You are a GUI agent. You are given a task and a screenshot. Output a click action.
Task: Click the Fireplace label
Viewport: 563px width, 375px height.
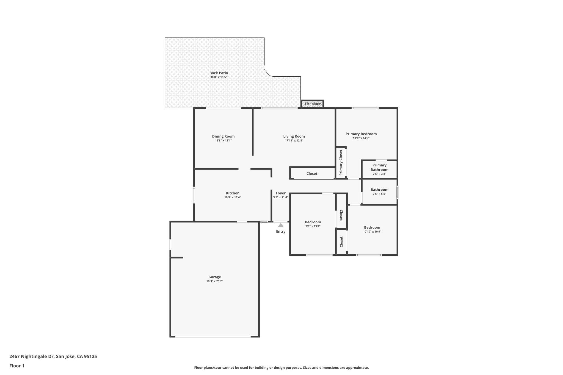(313, 104)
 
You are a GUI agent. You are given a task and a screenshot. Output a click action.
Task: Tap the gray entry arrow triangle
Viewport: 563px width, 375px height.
(281, 225)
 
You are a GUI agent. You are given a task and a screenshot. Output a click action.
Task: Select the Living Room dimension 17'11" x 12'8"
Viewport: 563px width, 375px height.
(294, 141)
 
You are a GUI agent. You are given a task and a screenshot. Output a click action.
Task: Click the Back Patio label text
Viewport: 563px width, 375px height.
(219, 73)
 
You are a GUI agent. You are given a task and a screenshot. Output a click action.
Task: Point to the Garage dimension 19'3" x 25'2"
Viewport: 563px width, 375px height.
(214, 281)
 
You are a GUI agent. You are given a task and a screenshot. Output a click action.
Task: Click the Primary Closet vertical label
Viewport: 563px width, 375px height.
(341, 162)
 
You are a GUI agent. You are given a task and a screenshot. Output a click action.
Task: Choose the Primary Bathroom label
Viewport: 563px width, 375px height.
(379, 167)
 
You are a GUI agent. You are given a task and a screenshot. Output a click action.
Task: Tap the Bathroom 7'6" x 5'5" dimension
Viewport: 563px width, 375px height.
(379, 194)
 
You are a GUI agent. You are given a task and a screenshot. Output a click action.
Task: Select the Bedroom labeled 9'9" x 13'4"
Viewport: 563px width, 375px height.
(313, 222)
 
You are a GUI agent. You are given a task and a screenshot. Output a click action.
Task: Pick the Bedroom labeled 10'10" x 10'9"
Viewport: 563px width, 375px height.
(372, 227)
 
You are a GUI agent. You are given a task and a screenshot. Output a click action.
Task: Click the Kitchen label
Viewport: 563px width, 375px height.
(233, 193)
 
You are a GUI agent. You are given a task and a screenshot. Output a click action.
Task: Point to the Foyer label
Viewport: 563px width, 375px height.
(281, 193)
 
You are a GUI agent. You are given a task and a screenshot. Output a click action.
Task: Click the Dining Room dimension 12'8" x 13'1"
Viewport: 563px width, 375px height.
(223, 141)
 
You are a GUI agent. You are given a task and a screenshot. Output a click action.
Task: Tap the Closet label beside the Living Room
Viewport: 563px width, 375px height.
(312, 174)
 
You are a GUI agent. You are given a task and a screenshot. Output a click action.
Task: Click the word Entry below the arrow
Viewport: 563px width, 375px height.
(281, 232)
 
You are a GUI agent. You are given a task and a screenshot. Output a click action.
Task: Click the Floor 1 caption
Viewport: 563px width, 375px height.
(17, 366)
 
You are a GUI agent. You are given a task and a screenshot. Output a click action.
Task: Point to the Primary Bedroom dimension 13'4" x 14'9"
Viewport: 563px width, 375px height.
(361, 138)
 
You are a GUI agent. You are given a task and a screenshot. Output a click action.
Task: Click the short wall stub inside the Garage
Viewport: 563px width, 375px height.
(177, 257)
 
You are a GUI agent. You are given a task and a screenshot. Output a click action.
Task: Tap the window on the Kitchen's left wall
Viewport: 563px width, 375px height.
(194, 195)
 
